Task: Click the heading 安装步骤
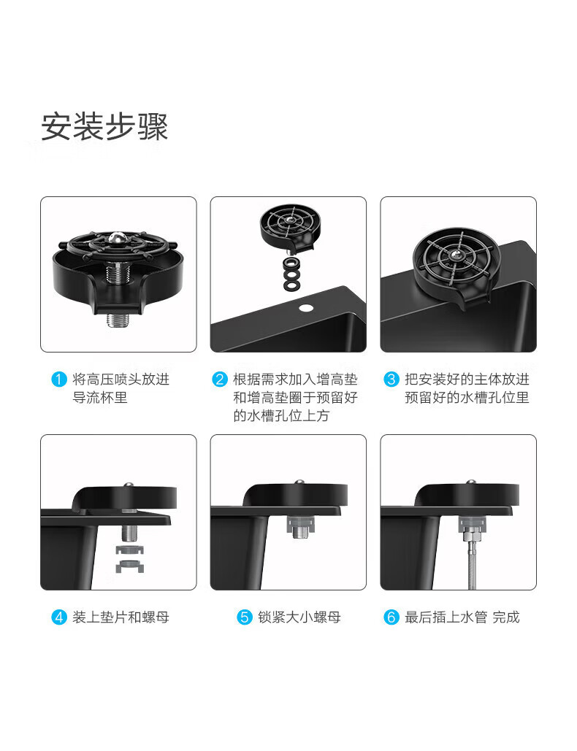104,126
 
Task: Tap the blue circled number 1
58,380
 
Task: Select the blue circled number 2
220,380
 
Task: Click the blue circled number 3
391,380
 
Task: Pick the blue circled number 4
58,617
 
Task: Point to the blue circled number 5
245,617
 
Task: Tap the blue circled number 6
391,617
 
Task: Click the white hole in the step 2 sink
305,307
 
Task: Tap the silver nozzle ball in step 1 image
117,237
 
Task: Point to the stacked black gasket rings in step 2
291,274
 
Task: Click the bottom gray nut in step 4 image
130,566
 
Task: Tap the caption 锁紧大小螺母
299,617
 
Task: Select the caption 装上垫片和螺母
121,617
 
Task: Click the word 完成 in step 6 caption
506,617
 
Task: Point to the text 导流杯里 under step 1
99,398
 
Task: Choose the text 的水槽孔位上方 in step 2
281,416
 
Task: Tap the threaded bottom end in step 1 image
117,320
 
